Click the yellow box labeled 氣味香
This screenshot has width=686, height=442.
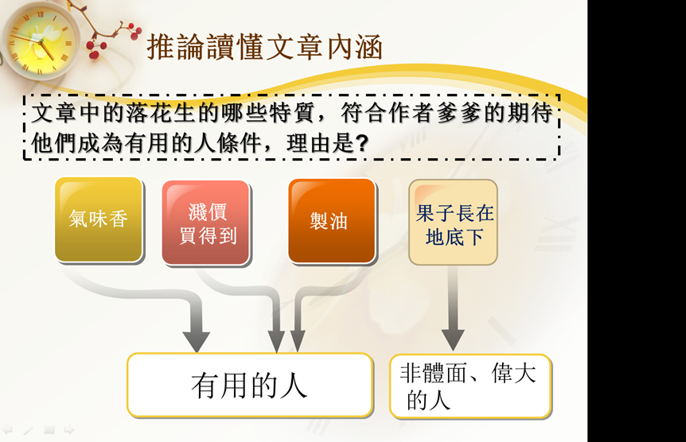99,219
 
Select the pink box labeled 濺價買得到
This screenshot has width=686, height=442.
205,223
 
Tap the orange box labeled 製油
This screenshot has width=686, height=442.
332,221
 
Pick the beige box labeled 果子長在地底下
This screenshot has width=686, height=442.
454,222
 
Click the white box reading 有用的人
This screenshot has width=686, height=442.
250,386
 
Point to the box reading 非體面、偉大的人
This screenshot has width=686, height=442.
470,386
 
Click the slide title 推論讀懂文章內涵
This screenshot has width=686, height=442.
265,47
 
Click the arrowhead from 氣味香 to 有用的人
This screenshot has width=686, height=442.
196,341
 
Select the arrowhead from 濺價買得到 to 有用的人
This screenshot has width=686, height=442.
276,341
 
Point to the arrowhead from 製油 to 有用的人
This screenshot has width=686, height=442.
298,341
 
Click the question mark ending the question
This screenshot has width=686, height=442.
362,143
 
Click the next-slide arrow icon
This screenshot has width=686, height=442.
69,430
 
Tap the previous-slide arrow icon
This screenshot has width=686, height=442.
7,430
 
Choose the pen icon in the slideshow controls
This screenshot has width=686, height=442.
28,431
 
